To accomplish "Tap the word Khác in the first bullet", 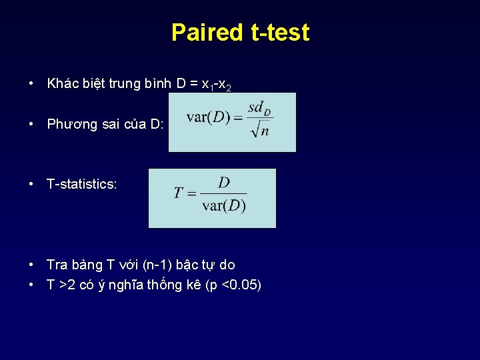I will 61,84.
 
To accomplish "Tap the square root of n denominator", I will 259,129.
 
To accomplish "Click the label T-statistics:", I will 82,184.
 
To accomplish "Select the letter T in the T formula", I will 178,193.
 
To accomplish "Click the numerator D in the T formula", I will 224,183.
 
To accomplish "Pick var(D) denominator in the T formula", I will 224,205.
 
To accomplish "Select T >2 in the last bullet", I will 61,286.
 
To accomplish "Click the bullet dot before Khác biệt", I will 31,84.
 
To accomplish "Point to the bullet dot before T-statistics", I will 31,184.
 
